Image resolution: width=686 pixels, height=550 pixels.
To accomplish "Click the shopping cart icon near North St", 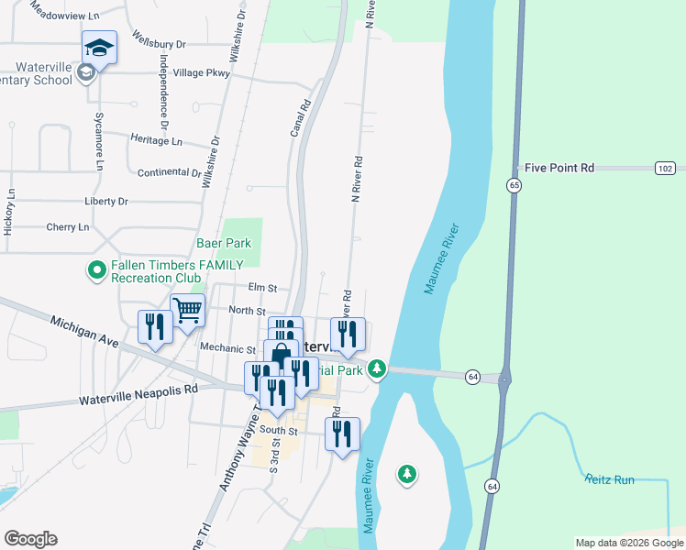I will [x=188, y=310].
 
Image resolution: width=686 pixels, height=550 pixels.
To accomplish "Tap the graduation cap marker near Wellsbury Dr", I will [x=99, y=48].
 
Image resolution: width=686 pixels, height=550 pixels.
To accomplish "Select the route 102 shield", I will [x=666, y=168].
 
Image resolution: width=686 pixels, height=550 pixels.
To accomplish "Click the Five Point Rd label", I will [x=559, y=168].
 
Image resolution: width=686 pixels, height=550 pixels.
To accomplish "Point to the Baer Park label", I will [x=224, y=243].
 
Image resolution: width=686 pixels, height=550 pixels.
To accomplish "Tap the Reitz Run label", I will [x=610, y=478].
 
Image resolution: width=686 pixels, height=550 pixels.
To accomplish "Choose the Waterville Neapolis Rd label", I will [x=138, y=394].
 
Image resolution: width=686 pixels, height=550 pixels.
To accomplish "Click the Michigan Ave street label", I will [x=85, y=332].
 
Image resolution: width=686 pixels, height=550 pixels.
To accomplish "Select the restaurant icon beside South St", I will [x=342, y=433].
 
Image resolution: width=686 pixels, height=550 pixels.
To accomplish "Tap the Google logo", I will [x=30, y=538].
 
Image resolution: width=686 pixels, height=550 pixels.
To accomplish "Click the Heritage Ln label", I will [x=157, y=140].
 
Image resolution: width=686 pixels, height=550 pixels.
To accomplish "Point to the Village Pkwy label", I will [x=201, y=72].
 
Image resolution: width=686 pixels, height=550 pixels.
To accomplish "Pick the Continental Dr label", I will [x=169, y=172].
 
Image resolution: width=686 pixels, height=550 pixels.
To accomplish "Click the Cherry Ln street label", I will [x=67, y=226].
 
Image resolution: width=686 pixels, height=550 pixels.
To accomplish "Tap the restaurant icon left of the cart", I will [x=154, y=327].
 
